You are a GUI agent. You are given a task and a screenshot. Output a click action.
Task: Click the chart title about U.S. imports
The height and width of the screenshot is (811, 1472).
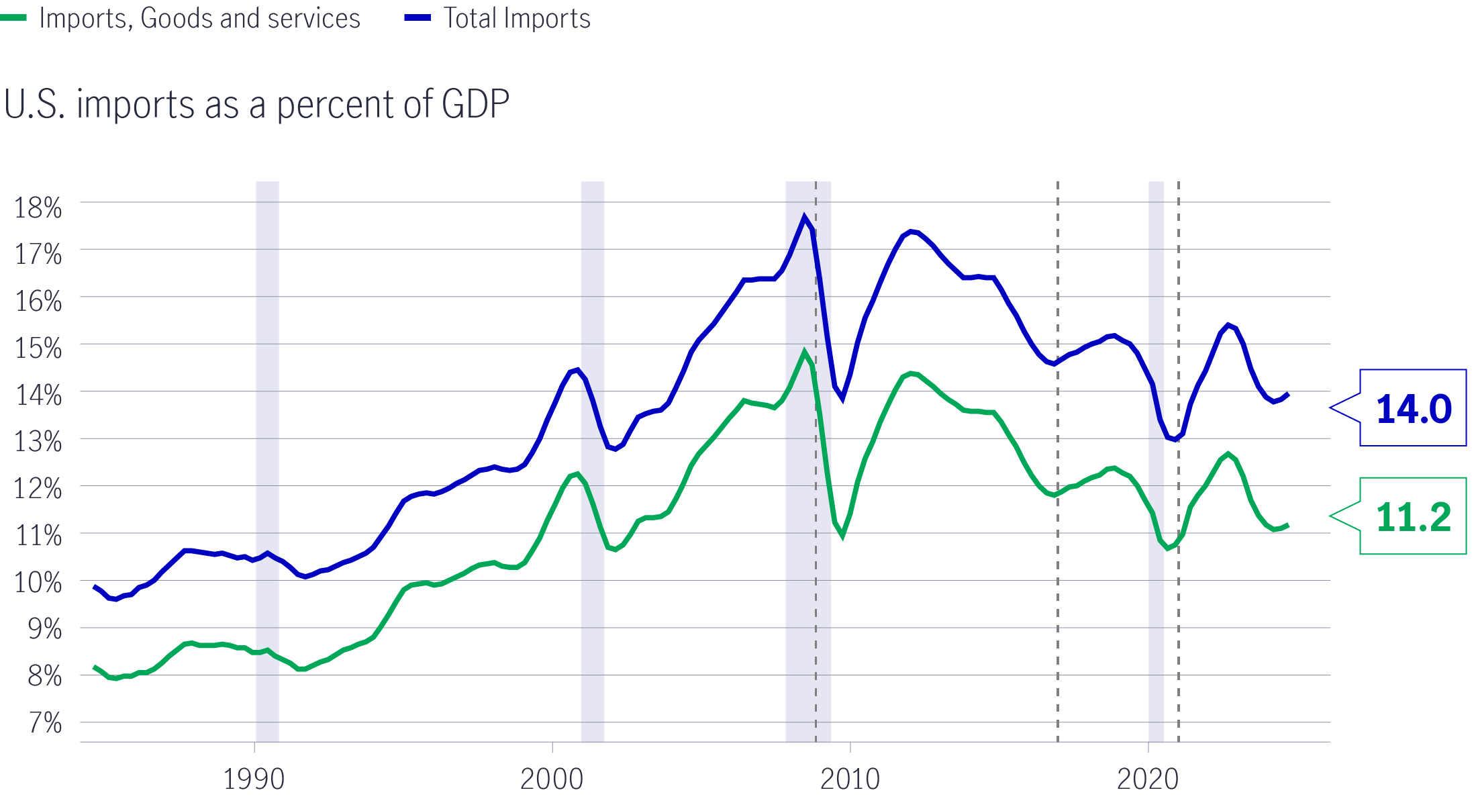coord(256,105)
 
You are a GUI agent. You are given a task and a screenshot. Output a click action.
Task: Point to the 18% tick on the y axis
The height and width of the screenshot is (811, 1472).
coord(38,207)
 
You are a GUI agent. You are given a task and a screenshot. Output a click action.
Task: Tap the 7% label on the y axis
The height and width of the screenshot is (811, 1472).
coord(45,723)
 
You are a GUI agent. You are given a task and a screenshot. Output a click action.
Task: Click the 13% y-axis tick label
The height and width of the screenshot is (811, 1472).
coord(38,442)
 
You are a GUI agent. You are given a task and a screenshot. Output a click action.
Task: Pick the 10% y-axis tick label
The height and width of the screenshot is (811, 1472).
coord(38,582)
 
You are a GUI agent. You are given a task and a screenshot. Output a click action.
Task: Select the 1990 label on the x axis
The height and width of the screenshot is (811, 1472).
coord(254,779)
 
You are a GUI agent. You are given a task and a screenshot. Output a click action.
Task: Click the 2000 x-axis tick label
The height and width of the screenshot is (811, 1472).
coord(552,779)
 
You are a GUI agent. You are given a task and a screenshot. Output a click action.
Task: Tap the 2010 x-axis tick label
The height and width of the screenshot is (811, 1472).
coord(850,779)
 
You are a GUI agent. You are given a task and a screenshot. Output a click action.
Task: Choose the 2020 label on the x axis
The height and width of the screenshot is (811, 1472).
coord(1148,779)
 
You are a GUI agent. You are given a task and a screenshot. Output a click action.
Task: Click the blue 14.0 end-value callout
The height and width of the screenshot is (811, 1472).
coord(1413,408)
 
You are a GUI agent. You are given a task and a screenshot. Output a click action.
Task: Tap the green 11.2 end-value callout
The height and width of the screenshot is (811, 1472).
coord(1413,516)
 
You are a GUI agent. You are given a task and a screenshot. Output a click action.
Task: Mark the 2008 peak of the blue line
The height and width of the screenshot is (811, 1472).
coord(804,217)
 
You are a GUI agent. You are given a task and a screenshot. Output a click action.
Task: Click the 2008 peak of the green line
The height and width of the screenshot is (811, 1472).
coord(804,352)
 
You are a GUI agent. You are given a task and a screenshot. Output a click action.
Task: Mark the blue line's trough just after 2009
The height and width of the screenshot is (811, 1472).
coord(842,399)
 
